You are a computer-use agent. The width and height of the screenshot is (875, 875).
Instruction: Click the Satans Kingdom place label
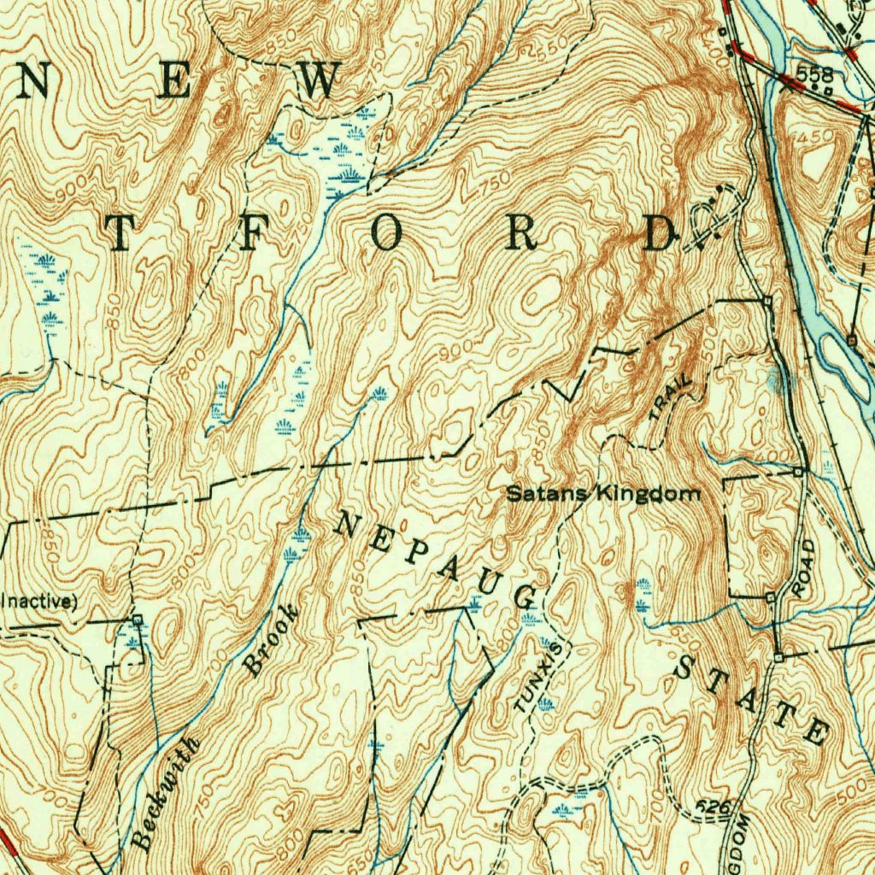[x=603, y=493]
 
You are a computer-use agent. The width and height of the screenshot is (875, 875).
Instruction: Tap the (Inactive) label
[x=38, y=601]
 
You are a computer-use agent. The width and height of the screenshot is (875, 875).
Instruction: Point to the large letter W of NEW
[x=318, y=81]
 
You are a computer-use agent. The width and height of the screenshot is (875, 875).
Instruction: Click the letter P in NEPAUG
[x=414, y=553]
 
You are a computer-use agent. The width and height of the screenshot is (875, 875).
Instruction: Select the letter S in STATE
[x=689, y=667]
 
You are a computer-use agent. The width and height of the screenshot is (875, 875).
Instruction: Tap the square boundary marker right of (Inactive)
[x=137, y=618]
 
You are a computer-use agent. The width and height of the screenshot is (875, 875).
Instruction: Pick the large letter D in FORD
[x=660, y=233]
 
